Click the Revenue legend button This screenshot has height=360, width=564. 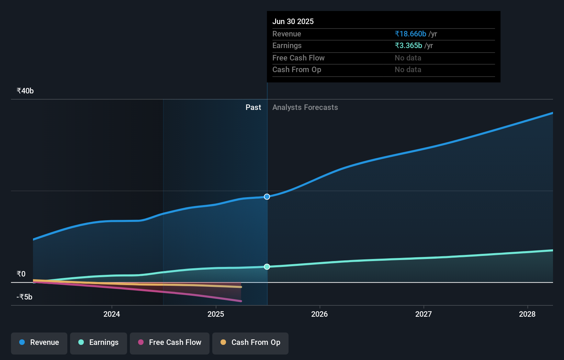(39, 343)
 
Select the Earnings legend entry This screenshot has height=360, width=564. (99, 343)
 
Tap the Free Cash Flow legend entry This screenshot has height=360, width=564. (170, 343)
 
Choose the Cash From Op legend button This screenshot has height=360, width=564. (250, 343)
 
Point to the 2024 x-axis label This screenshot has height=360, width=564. (112, 314)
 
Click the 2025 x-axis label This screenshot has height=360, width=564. (216, 314)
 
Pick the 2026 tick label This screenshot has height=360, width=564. (319, 314)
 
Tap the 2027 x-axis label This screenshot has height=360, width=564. (424, 314)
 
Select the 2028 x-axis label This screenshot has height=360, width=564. (527, 314)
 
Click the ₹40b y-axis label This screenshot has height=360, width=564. (25, 91)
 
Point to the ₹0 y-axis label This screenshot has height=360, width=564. (21, 274)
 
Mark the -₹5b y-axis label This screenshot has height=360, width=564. (24, 297)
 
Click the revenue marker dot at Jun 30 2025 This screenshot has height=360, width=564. (267, 197)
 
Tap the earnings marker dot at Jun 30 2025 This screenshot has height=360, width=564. (267, 267)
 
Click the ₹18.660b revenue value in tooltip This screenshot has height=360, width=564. (410, 34)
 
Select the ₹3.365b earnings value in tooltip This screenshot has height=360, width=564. (408, 46)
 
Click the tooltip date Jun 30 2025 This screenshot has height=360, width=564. (293, 21)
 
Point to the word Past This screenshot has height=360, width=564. (253, 108)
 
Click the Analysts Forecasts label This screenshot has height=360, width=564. (305, 108)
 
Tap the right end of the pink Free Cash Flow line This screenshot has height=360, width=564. (240, 301)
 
